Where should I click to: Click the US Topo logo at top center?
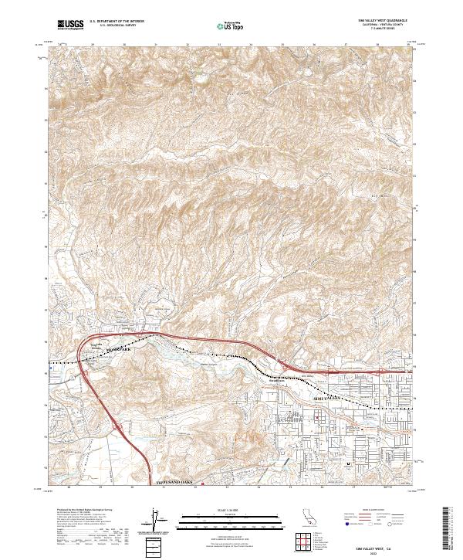[233, 25]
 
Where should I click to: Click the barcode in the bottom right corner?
[448, 529]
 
